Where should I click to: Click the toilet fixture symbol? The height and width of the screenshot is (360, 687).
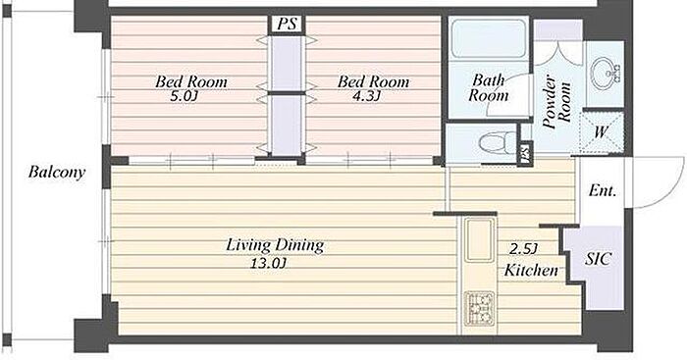(x=498, y=143)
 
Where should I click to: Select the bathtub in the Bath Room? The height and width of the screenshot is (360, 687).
(x=489, y=38)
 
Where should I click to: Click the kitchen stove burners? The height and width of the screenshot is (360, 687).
(x=480, y=307)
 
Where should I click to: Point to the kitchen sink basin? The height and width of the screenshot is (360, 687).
(x=479, y=239)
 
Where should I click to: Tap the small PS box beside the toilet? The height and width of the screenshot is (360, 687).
(x=525, y=153)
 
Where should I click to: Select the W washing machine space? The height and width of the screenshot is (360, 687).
(x=602, y=131)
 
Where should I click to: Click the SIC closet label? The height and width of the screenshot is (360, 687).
(x=598, y=259)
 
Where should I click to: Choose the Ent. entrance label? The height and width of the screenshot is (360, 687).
(x=603, y=190)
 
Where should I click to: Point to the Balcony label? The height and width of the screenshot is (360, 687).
(x=57, y=172)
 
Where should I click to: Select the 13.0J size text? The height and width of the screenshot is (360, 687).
(x=268, y=263)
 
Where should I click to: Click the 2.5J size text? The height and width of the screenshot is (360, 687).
(x=523, y=249)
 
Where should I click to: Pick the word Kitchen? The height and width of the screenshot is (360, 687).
(x=531, y=270)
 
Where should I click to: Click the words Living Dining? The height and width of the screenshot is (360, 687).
(x=275, y=245)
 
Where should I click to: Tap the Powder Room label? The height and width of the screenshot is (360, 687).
(x=556, y=103)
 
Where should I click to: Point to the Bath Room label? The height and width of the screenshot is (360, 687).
(x=489, y=87)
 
